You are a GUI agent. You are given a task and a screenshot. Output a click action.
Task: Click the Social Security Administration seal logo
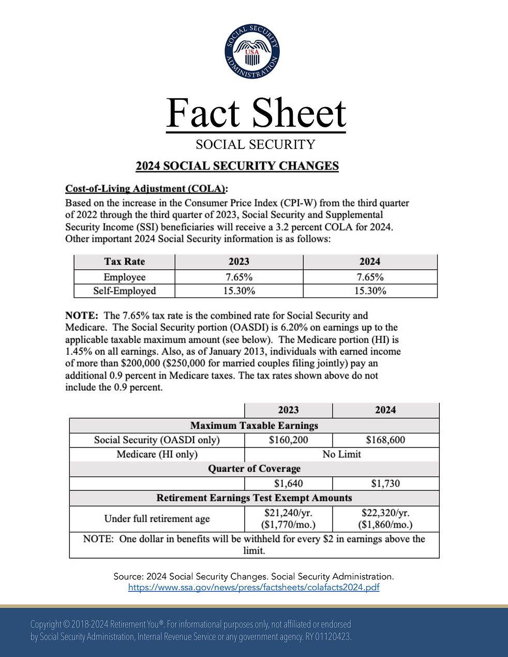tap(252, 52)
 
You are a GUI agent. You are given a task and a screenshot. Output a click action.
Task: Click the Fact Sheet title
tap(256, 113)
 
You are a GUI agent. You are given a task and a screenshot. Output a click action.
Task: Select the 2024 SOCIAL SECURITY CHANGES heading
tap(237, 166)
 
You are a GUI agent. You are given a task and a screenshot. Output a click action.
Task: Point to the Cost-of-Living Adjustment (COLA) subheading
tap(146, 189)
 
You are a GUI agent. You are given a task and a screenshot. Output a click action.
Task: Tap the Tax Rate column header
tap(124, 262)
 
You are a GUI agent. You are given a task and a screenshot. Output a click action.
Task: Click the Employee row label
tap(124, 277)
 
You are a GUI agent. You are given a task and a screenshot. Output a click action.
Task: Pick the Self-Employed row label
tap(124, 291)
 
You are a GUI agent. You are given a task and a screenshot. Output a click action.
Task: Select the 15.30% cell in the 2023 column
tap(239, 291)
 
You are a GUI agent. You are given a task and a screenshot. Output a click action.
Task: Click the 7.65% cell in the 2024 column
tap(370, 277)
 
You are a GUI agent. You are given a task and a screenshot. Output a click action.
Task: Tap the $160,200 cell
tap(288, 440)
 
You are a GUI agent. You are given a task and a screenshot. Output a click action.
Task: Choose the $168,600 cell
tap(385, 440)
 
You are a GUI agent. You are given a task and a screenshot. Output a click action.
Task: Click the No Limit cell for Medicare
tap(341, 454)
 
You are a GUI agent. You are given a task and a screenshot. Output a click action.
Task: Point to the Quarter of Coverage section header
tap(254, 469)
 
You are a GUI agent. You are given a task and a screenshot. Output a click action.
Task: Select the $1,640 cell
tap(288, 484)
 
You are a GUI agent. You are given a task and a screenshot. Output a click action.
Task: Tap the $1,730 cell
tap(385, 484)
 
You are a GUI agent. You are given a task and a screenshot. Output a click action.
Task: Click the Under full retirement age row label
tap(157, 519)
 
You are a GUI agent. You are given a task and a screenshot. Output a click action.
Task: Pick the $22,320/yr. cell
tap(385, 513)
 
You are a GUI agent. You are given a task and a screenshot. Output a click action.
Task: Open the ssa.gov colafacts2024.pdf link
tap(253, 588)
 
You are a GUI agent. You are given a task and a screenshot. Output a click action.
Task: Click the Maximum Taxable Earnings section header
tap(254, 426)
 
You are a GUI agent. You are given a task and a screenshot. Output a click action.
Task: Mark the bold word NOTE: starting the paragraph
tap(81, 316)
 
